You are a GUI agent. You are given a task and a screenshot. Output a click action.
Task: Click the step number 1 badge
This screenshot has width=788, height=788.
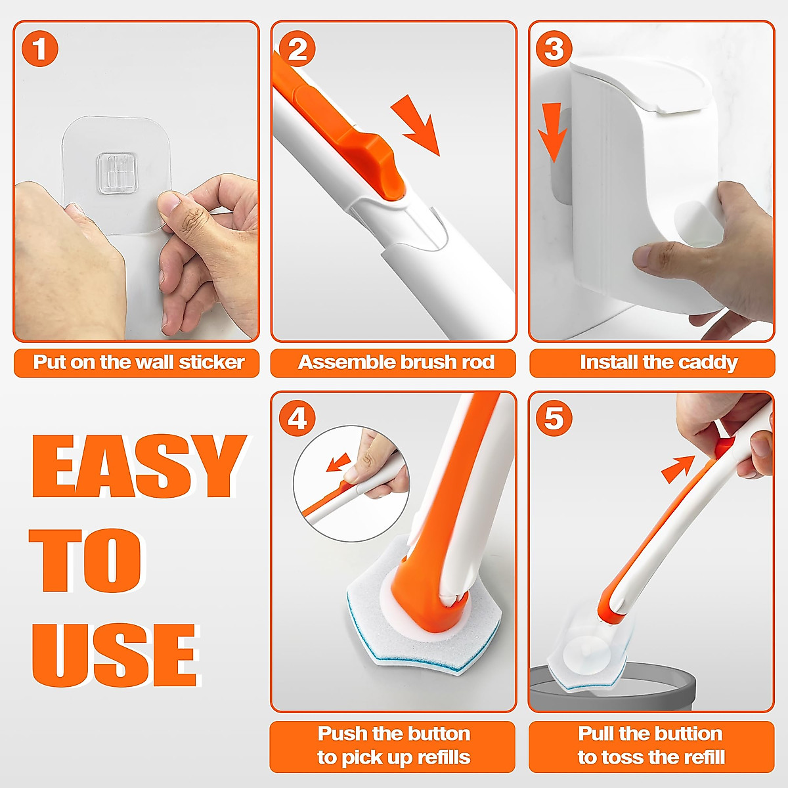40,49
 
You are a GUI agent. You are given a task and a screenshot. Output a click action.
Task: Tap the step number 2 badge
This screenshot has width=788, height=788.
297,49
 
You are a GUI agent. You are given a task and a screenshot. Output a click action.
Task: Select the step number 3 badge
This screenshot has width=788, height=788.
554,49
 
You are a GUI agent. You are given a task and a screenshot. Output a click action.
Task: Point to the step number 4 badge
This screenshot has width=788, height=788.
297,418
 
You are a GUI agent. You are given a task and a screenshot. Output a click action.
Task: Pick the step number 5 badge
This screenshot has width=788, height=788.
554,418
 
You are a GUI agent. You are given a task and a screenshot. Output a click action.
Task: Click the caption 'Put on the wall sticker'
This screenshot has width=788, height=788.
137,362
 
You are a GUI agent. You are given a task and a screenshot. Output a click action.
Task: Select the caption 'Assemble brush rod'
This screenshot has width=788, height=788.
395,362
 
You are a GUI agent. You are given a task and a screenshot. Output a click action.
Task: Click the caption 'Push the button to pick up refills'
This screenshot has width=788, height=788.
393,746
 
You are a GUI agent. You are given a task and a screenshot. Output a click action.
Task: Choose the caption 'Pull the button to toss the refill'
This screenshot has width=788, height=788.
651,746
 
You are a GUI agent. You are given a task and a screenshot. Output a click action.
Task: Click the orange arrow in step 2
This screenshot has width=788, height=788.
416,125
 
